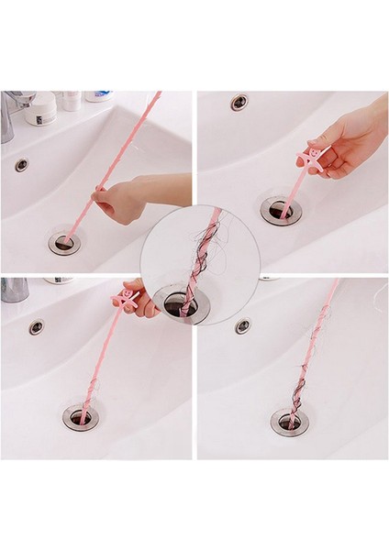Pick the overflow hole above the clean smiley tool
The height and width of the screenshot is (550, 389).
click(x=239, y=102)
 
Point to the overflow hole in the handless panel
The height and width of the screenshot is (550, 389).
click(x=242, y=325)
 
